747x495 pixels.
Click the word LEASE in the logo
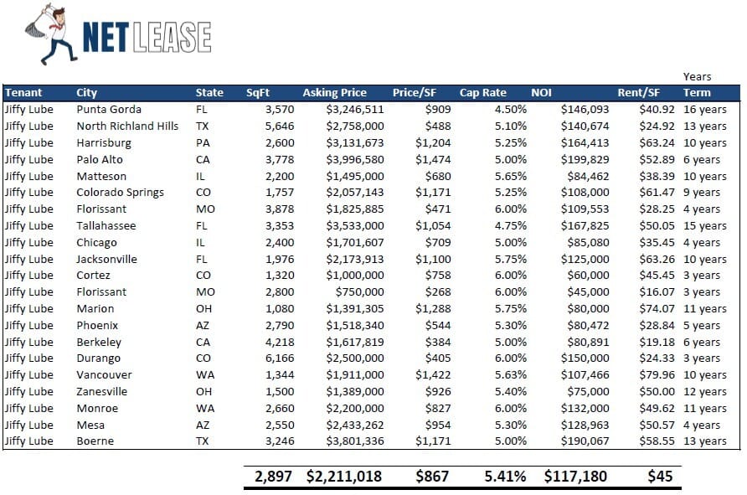point(177,37)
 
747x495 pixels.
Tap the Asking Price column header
point(334,93)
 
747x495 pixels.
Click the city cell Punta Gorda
point(108,110)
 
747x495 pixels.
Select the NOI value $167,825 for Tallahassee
point(585,225)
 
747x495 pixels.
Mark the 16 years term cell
point(704,110)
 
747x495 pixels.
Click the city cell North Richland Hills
point(127,126)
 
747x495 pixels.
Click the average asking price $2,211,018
point(343,477)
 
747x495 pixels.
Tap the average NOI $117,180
point(577,477)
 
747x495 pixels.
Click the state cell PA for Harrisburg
point(203,143)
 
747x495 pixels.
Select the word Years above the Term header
point(697,77)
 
